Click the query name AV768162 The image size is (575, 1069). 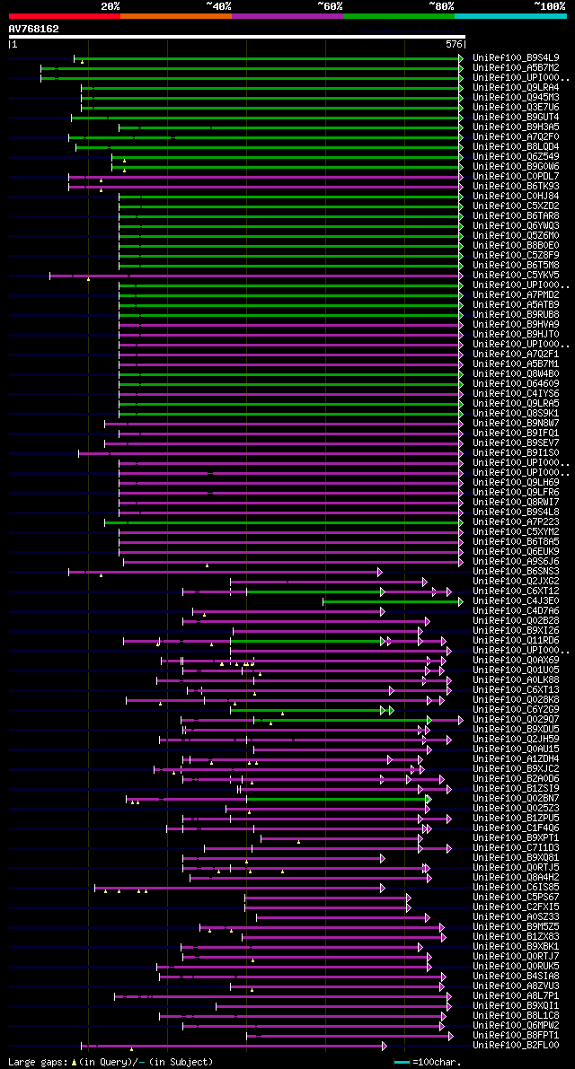[x=34, y=29]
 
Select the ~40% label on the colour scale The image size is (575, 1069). [x=218, y=6]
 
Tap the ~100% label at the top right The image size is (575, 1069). [x=549, y=6]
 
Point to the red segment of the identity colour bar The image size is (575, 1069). [x=64, y=15]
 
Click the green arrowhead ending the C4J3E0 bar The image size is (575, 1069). [x=460, y=601]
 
